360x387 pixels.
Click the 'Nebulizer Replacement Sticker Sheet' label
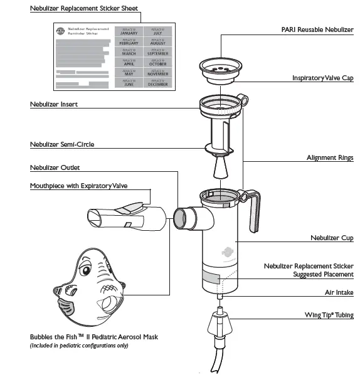[x=84, y=9]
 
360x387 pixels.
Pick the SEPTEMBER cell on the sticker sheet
[x=158, y=52]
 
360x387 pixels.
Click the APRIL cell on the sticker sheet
[x=129, y=62]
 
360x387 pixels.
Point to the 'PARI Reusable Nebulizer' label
[x=317, y=29]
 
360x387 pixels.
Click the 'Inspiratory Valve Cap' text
[x=322, y=78]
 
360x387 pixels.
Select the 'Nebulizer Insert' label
[x=54, y=104]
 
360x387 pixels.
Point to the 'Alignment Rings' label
[x=330, y=158]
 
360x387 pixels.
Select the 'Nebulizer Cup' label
[x=332, y=238]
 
